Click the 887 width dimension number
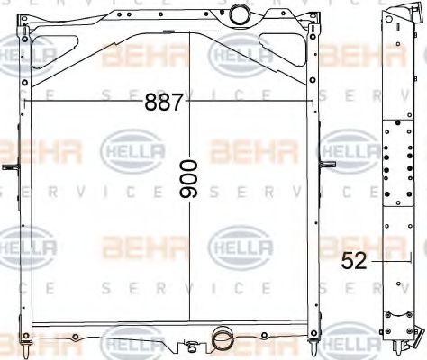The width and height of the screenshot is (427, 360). click(164, 103)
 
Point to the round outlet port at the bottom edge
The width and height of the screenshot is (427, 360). click(221, 339)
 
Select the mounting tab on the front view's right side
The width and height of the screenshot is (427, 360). click(329, 165)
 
